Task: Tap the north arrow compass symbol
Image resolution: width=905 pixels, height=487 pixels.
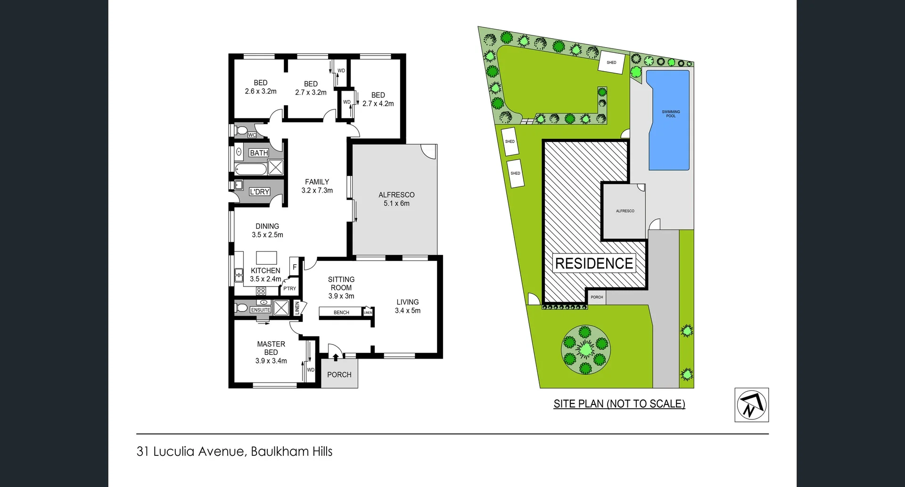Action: point(751,405)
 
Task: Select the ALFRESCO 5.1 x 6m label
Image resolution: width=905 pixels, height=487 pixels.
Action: point(396,199)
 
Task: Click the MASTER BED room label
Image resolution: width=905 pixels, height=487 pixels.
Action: point(271,352)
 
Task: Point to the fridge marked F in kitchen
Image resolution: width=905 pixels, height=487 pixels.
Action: point(295,268)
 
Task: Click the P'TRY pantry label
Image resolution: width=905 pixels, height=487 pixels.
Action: point(289,288)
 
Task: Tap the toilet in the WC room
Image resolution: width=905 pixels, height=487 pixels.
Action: point(241,130)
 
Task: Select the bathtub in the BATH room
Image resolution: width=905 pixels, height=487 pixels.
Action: point(250,169)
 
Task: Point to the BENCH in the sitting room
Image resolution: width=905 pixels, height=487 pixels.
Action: point(341,312)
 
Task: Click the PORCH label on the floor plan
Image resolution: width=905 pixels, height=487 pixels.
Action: point(339,375)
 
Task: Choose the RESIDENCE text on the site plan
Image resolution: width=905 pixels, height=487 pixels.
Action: point(594,263)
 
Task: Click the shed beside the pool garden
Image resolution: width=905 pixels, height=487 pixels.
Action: point(611,62)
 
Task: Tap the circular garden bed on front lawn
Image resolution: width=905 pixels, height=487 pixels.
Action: point(585,350)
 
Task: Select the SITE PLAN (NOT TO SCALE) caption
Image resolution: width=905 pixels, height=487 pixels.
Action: point(619,404)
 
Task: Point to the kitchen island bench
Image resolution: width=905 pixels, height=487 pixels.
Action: point(266,258)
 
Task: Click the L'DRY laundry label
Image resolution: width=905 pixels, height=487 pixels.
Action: point(259,192)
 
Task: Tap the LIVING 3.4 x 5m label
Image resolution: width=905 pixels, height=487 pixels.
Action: point(407,306)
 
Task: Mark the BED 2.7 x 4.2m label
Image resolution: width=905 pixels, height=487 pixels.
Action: point(378,99)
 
